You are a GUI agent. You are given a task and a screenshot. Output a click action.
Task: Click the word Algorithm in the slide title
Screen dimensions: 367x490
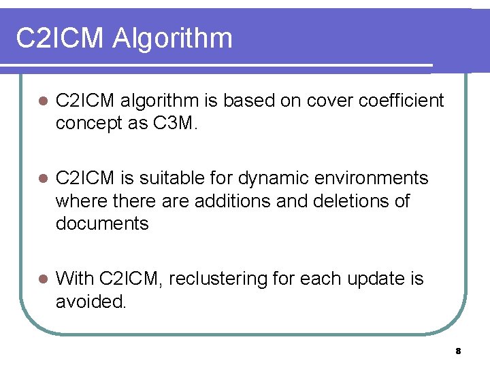pyautogui.click(x=173, y=39)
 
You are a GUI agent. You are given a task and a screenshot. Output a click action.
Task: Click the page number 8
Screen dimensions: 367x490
pyautogui.click(x=458, y=351)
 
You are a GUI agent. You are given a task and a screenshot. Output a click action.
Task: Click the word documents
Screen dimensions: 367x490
pyautogui.click(x=102, y=224)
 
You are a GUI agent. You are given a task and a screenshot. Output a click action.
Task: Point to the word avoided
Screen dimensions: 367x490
pyautogui.click(x=91, y=301)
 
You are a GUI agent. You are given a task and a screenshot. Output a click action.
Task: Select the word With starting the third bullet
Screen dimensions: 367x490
pyautogui.click(x=74, y=279)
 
